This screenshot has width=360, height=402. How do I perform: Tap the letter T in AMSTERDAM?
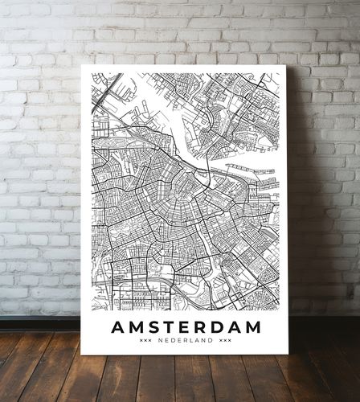[169, 327]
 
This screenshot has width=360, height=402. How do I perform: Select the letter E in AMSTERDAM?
[184, 327]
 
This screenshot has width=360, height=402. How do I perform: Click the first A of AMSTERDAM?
[117, 327]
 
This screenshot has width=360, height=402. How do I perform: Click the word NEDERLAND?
[185, 341]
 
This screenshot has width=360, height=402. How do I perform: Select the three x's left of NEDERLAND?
[145, 341]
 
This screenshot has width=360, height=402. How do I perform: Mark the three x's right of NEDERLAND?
[225, 341]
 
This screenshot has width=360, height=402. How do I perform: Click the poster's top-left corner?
[82, 65]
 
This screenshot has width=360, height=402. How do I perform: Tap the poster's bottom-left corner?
[82, 354]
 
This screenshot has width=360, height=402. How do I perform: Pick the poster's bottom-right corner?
[288, 354]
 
